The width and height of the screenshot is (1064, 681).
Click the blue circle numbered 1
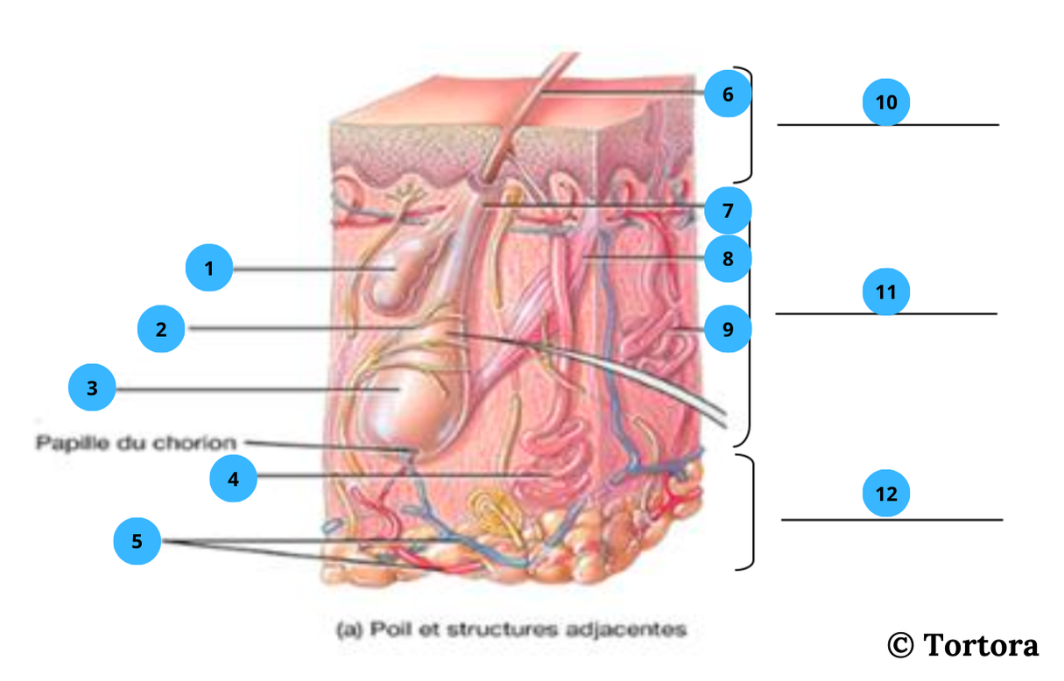pyautogui.click(x=209, y=269)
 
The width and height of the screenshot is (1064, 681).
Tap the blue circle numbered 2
pyautogui.click(x=161, y=329)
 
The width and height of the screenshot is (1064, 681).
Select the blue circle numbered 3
pyautogui.click(x=92, y=389)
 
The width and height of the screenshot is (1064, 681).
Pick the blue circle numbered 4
pyautogui.click(x=233, y=479)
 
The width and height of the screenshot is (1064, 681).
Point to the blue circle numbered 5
pyautogui.click(x=137, y=542)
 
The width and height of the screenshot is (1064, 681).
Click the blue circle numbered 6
pyautogui.click(x=728, y=95)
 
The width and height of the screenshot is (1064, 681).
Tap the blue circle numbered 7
pyautogui.click(x=728, y=210)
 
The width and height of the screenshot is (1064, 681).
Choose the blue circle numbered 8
pyautogui.click(x=728, y=259)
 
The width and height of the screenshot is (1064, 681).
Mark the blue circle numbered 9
pyautogui.click(x=728, y=329)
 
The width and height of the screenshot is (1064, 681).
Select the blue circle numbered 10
pyautogui.click(x=886, y=102)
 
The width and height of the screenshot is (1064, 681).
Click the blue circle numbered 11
pyautogui.click(x=886, y=291)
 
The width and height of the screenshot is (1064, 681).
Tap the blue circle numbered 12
pyautogui.click(x=886, y=495)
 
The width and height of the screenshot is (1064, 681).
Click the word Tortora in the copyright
pyautogui.click(x=981, y=646)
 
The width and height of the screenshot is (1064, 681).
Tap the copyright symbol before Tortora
pyautogui.click(x=900, y=646)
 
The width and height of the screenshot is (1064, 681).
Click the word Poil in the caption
pyautogui.click(x=388, y=628)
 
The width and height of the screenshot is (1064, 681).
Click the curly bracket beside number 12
pyautogui.click(x=750, y=512)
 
